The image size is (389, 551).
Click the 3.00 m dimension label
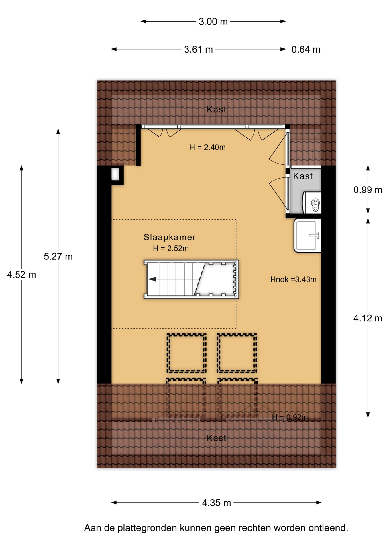213,22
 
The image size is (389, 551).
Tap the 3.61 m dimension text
199,50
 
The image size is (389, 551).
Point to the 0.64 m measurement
306,50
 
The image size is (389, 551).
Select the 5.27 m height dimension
58,256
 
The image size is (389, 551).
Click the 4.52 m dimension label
21,275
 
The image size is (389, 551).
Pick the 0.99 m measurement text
368,190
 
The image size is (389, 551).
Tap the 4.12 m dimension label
368,318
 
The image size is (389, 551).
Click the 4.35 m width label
217,503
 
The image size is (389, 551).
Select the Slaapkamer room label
170,237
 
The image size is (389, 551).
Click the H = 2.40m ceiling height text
207,148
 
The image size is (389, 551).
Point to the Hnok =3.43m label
293,280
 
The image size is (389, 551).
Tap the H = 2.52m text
171,249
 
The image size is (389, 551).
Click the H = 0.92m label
290,418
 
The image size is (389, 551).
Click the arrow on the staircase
152,279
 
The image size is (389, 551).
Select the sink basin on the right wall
307,236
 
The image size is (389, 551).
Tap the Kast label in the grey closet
303,176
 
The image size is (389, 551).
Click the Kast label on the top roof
217,110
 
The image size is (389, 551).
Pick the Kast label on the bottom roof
217,438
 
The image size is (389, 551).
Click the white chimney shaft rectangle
115,174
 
